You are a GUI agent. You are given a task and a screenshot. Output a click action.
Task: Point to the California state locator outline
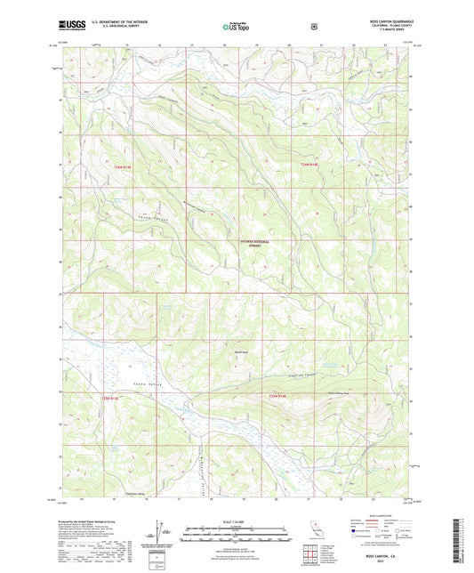click(316, 531)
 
